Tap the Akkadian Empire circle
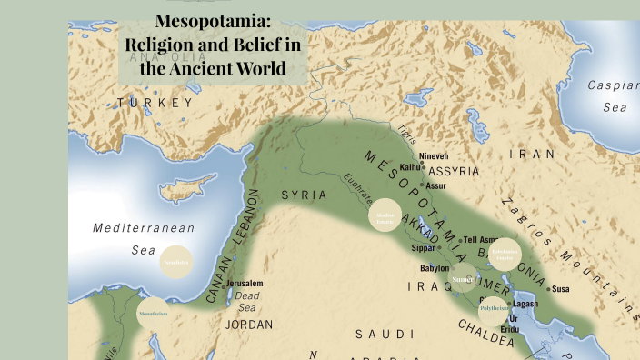385,216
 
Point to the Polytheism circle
494,309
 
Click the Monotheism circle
153,314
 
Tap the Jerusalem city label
245,284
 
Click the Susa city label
561,289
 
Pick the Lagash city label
525,304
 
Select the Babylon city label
434,268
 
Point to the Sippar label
424,247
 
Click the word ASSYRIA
454,170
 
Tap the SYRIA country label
303,195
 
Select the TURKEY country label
155,103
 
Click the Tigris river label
405,135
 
